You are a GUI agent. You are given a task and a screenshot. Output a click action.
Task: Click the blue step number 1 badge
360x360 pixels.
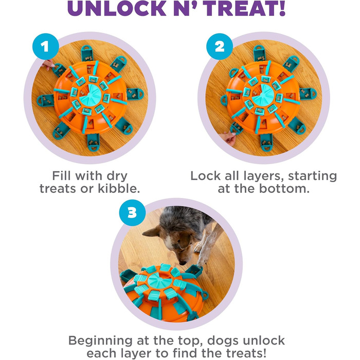pyautogui.click(x=45, y=47)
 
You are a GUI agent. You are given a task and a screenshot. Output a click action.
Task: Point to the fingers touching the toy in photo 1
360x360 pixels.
pyautogui.click(x=48, y=65)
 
